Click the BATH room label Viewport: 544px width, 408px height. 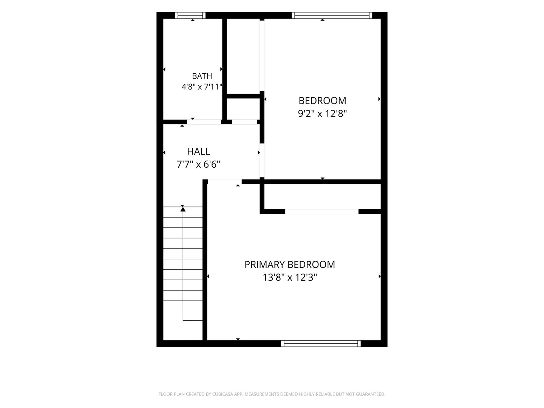coord(202,76)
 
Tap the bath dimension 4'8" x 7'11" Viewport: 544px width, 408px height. coord(202,87)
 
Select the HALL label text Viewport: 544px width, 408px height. coord(198,151)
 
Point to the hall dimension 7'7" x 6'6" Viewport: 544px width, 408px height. coord(198,164)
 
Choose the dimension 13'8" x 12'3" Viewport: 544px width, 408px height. coord(290,277)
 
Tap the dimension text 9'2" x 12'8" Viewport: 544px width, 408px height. coord(322,114)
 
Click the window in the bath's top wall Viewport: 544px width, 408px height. coord(190,15)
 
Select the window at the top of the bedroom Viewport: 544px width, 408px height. coord(332,15)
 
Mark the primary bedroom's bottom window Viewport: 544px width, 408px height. coord(321,344)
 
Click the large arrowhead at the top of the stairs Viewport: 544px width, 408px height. coord(183,209)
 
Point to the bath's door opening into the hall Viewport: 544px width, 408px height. coord(204,122)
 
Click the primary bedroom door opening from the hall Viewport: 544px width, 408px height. coord(224,182)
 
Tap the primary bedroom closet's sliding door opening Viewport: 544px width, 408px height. coord(322,212)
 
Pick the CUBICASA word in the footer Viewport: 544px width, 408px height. coord(223,394)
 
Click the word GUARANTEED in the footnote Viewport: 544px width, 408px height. coord(371,394)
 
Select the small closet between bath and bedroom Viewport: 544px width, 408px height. coord(243,109)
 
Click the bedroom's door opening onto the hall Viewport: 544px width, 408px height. coord(262,161)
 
